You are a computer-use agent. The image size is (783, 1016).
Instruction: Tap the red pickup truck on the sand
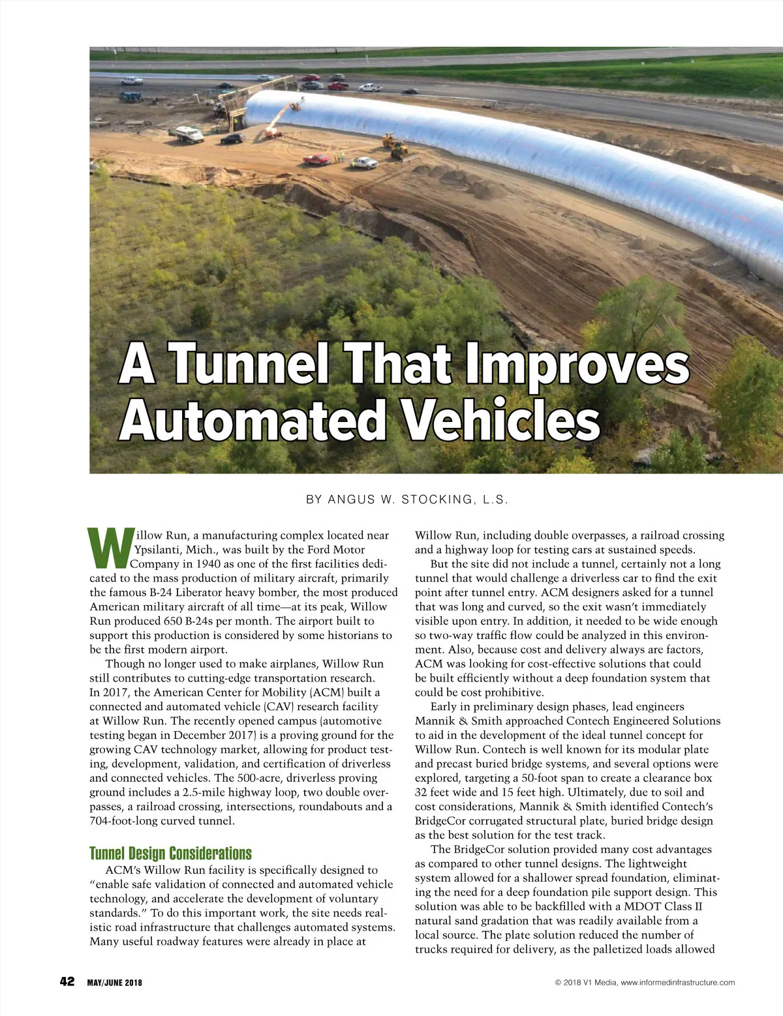(x=316, y=159)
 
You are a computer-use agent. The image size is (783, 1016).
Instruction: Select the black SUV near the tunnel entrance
(x=232, y=138)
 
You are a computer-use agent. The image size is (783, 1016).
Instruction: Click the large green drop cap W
(x=110, y=547)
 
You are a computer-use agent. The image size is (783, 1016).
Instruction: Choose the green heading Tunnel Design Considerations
(x=170, y=854)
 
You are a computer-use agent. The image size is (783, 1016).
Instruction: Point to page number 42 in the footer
(x=67, y=981)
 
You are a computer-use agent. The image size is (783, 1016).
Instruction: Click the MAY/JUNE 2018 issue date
(x=114, y=983)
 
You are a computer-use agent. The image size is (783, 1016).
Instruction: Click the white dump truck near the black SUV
(x=187, y=134)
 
